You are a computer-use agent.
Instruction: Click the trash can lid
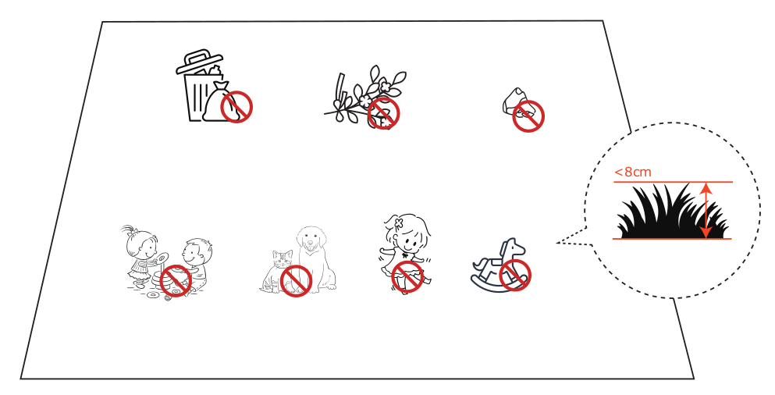(199, 62)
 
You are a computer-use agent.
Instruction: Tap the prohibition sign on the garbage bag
(236, 107)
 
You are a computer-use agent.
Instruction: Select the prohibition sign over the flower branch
(383, 112)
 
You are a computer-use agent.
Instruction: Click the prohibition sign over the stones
(528, 116)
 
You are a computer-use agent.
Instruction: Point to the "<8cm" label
(633, 172)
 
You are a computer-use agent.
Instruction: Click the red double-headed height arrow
(706, 210)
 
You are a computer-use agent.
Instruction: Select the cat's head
(283, 258)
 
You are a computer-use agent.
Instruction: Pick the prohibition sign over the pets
(296, 281)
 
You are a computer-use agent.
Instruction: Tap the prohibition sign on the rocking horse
(515, 275)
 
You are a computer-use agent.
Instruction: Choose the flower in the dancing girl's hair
(399, 222)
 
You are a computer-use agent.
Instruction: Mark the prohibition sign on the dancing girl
(407, 276)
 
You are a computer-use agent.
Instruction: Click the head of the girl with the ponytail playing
(140, 242)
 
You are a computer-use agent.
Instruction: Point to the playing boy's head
(197, 252)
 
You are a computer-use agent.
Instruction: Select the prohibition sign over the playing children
(176, 280)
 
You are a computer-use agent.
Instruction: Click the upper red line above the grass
(673, 182)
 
